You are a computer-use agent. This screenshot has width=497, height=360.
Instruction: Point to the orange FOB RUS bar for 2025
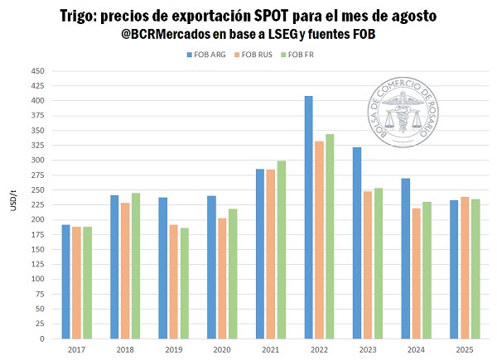click(465, 268)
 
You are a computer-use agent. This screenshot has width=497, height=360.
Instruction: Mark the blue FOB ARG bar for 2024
click(406, 258)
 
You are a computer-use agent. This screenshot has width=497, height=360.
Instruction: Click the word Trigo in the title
click(81, 17)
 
